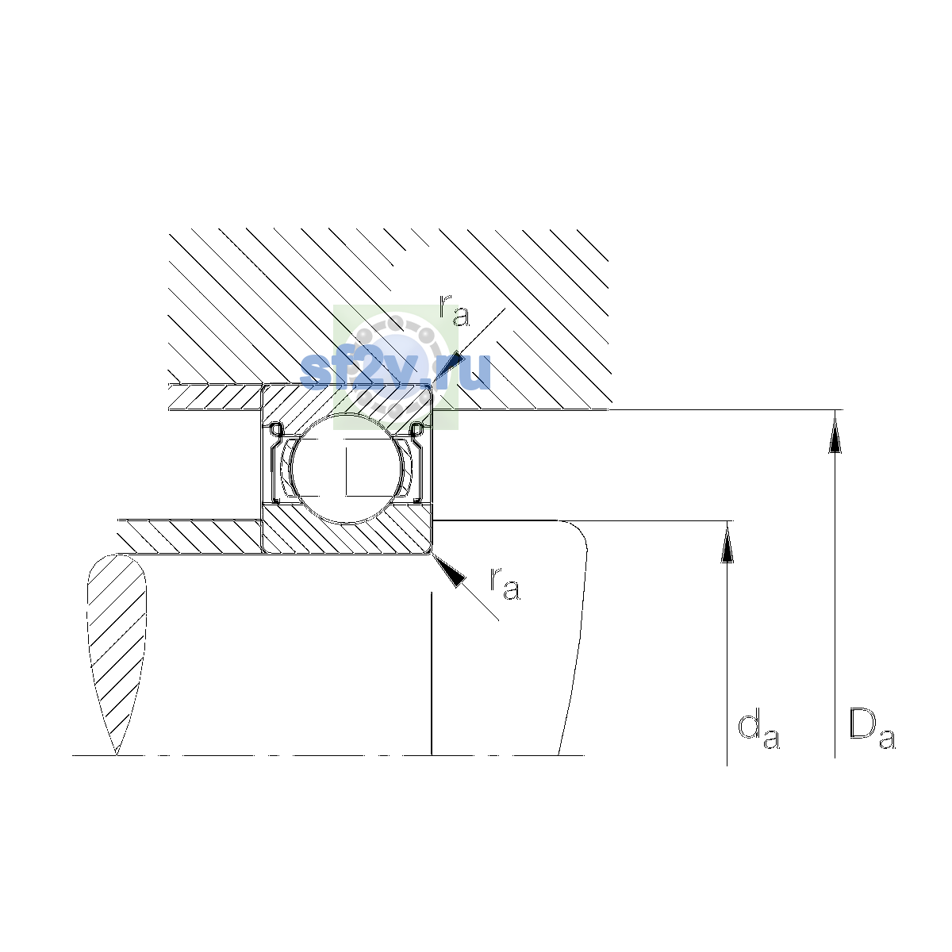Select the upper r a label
click(454, 311)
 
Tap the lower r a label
click(505, 584)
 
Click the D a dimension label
click(872, 729)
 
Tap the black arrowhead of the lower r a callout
click(449, 570)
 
